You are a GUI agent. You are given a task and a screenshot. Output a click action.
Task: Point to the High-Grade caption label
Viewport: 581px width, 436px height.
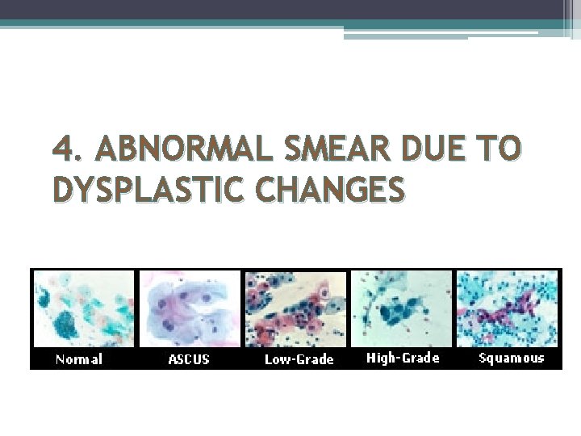tap(403, 358)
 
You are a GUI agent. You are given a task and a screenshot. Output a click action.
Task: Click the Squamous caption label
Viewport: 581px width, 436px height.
tap(512, 358)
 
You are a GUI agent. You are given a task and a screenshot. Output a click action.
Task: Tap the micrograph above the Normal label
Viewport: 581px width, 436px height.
tap(83, 308)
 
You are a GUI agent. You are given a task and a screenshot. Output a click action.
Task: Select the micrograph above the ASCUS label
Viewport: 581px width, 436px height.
tap(190, 308)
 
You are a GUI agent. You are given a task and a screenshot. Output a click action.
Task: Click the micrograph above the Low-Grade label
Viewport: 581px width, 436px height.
tap(295, 308)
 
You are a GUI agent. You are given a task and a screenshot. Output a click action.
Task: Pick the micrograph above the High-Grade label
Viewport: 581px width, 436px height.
tap(402, 308)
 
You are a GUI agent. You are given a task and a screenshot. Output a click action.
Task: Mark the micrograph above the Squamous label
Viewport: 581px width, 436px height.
tap(508, 308)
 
